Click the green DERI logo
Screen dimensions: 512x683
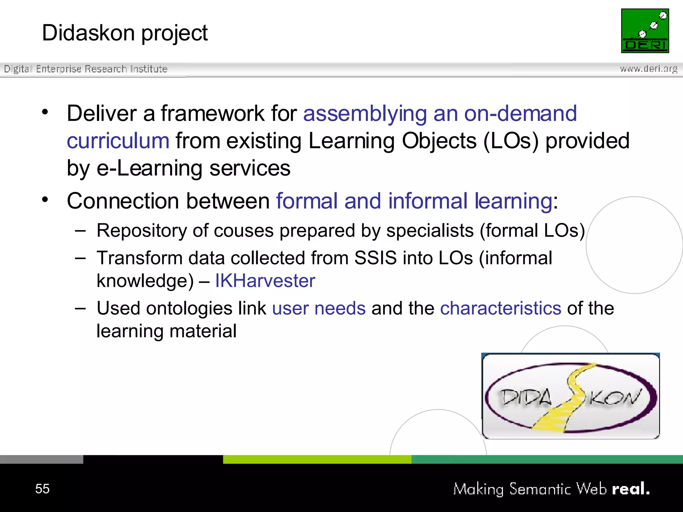tap(645, 31)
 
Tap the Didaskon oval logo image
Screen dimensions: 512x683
tap(570, 396)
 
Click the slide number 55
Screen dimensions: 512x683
tap(42, 489)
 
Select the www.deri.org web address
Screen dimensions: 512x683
tap(648, 69)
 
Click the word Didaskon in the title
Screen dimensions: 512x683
tap(88, 33)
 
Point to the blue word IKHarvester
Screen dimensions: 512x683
tap(265, 281)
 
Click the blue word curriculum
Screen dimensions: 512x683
tap(118, 141)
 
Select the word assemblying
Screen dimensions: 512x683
tap(365, 113)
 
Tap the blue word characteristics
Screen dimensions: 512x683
tap(501, 308)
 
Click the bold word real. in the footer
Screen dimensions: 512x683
tap(631, 489)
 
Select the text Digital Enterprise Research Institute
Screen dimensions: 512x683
tap(85, 69)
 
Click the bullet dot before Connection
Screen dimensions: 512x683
tap(45, 199)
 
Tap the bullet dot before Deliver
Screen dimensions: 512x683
tap(45, 112)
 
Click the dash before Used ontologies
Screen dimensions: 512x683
tap(80, 308)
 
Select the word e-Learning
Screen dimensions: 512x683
tap(149, 168)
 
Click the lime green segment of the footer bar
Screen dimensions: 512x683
tap(317, 459)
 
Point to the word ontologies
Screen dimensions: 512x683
tap(189, 308)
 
